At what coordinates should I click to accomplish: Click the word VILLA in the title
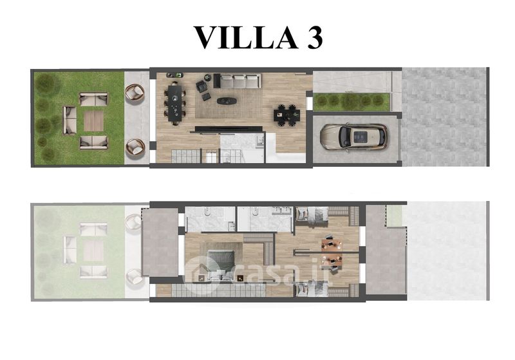[x=246, y=37]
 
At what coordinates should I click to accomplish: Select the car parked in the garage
[x=354, y=137]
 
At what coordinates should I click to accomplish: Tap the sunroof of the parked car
[x=360, y=137]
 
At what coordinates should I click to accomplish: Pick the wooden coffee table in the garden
[x=93, y=121]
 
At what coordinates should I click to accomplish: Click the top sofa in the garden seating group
[x=93, y=99]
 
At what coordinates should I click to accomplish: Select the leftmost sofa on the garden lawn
[x=70, y=120]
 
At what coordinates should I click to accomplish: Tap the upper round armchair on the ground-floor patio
[x=135, y=92]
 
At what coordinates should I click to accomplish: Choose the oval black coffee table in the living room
[x=227, y=100]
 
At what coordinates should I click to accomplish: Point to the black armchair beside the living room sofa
[x=201, y=86]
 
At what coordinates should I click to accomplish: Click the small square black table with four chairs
[x=286, y=115]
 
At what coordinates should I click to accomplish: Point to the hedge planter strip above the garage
[x=351, y=102]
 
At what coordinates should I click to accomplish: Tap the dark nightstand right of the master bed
[x=240, y=278]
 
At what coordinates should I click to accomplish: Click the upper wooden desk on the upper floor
[x=332, y=243]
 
